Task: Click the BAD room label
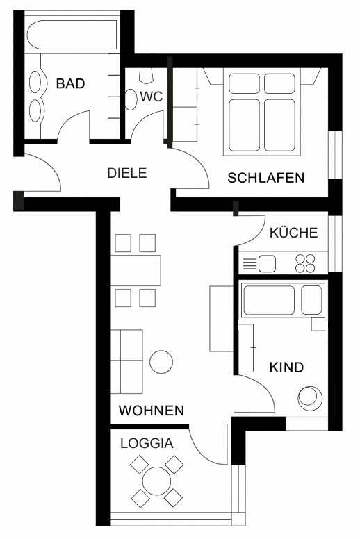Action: tap(70, 83)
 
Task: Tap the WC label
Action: tap(152, 97)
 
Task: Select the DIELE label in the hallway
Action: tap(127, 173)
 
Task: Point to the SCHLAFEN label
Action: tap(265, 178)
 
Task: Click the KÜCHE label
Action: tap(294, 233)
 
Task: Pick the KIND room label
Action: tap(286, 367)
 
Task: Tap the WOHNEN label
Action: tap(152, 411)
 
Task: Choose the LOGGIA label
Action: tap(147, 443)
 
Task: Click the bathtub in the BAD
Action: tap(72, 35)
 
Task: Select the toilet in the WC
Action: tap(146, 75)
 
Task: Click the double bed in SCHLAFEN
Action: tap(262, 112)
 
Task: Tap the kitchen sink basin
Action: tap(267, 264)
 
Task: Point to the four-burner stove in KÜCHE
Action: tap(305, 264)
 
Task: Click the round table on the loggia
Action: tap(157, 481)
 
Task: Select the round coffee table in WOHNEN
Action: tap(161, 362)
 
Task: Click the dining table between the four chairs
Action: tap(136, 270)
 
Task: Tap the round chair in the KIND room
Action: tap(310, 398)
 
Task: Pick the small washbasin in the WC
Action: tap(131, 100)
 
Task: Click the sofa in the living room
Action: tap(126, 362)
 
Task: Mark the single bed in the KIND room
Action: tap(283, 300)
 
